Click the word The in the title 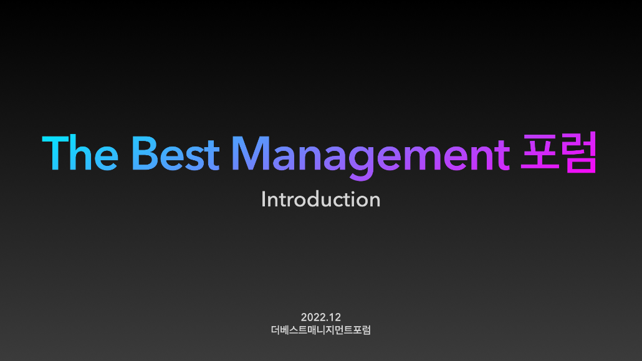80,153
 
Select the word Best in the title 176,153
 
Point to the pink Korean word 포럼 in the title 558,152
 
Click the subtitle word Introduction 321,200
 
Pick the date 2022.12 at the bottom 321,317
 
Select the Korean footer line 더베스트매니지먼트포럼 321,330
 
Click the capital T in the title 55,153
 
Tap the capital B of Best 144,153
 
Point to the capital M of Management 251,153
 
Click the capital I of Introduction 264,200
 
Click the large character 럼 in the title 579,152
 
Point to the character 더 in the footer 275,330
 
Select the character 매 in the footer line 312,330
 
